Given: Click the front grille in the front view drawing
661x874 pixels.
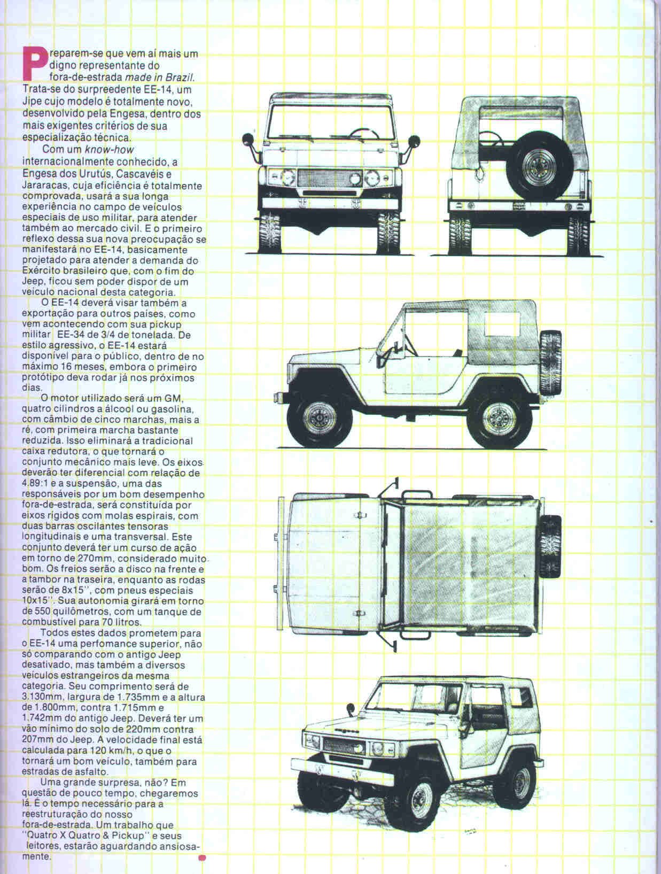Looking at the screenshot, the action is tap(330, 178).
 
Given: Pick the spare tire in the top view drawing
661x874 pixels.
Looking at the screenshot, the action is tap(551, 545).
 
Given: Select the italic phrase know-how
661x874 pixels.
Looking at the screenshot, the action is tap(109, 149).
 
